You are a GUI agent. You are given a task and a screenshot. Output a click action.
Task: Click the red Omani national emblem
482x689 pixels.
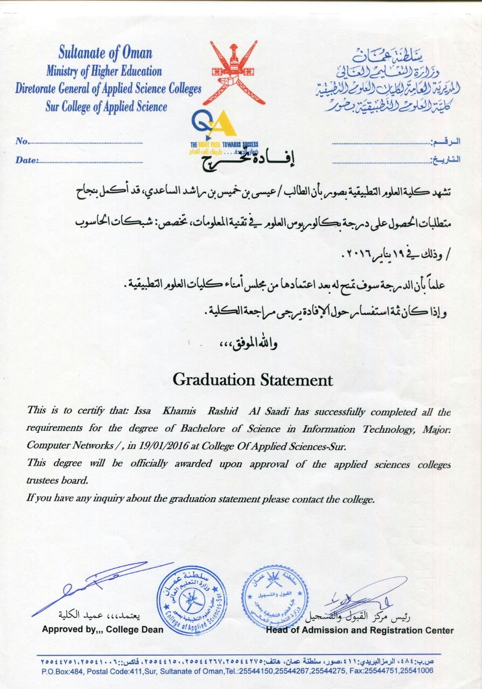pos(233,73)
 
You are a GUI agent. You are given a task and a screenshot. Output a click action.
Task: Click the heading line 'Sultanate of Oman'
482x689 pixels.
pos(106,53)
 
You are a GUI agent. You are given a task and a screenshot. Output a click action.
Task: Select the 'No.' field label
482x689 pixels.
pos(22,142)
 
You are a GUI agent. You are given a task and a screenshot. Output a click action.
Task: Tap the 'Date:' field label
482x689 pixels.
pos(27,160)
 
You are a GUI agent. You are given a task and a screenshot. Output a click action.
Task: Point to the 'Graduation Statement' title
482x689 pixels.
pos(253,380)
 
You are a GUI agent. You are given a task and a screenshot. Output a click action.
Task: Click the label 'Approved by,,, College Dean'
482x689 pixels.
pos(102,630)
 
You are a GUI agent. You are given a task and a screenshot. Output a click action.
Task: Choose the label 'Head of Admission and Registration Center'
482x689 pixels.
pos(360,630)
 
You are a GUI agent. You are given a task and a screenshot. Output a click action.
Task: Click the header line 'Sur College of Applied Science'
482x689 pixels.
pos(106,107)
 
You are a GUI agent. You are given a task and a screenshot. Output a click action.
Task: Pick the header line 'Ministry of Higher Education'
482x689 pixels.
pos(104,71)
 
